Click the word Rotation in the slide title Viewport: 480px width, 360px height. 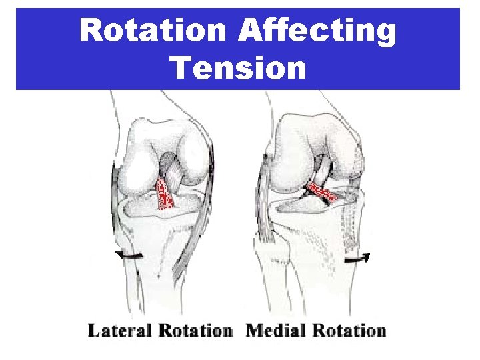click(151, 32)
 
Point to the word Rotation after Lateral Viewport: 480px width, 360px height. click(198, 331)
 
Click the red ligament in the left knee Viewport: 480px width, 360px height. click(165, 195)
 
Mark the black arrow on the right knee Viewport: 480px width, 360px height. click(358, 257)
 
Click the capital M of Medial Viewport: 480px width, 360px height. click(255, 331)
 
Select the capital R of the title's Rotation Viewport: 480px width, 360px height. click(91, 32)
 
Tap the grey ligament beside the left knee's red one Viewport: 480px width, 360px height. click(175, 176)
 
